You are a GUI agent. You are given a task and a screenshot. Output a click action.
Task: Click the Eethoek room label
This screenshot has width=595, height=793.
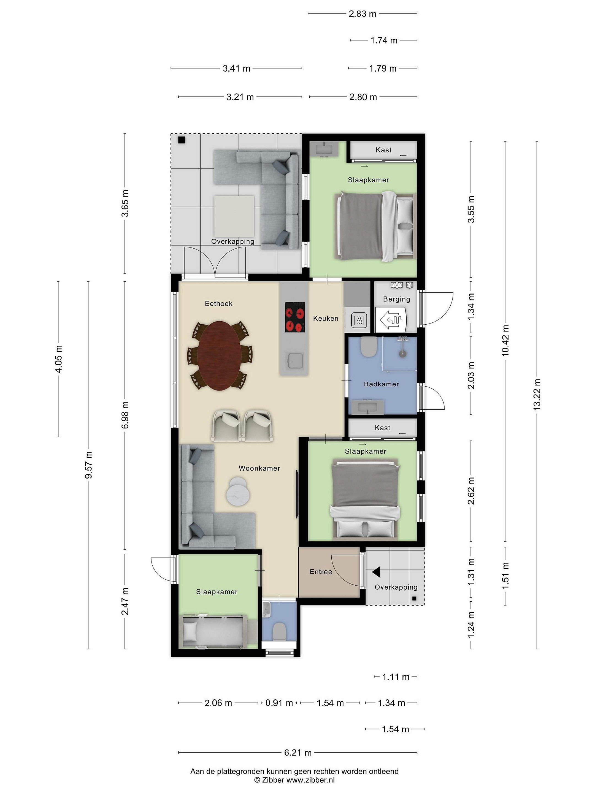point(218,304)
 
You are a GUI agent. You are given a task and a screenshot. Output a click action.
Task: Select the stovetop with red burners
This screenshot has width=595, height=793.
point(295,317)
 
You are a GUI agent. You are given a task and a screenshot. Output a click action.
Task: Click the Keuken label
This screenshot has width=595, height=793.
point(325,318)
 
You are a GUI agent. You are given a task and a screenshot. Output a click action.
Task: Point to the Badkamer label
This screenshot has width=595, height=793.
point(381,384)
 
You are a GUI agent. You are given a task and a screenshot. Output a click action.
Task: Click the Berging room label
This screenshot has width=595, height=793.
point(396,299)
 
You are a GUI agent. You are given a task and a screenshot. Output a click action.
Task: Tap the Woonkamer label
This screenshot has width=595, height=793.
point(259,468)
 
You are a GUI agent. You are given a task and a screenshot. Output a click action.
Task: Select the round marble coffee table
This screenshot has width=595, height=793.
point(238,491)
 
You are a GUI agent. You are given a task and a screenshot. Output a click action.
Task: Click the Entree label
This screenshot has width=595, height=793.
point(321,572)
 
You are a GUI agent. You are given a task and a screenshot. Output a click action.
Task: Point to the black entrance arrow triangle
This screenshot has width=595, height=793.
point(376,572)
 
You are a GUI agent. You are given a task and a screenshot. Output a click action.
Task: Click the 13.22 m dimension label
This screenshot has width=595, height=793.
point(537,394)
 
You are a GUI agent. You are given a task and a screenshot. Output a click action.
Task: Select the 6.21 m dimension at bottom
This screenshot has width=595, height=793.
point(298,753)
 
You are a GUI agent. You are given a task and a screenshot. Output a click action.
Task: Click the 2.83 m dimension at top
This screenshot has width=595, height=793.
point(362,13)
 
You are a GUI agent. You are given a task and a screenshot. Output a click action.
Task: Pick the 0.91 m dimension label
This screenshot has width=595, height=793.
point(279,703)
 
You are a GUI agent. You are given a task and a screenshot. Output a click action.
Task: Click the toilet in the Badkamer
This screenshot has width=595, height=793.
point(368,347)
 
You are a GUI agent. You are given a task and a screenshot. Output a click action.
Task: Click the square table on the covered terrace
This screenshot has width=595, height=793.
point(234,216)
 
